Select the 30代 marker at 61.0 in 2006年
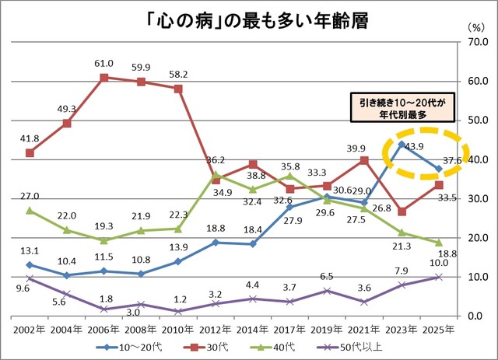(x=103, y=77)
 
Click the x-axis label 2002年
(x=29, y=327)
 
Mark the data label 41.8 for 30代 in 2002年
(x=30, y=138)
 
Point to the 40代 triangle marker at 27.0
(x=30, y=210)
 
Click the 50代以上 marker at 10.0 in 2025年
(x=439, y=277)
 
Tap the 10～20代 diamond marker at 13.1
(x=30, y=264)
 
